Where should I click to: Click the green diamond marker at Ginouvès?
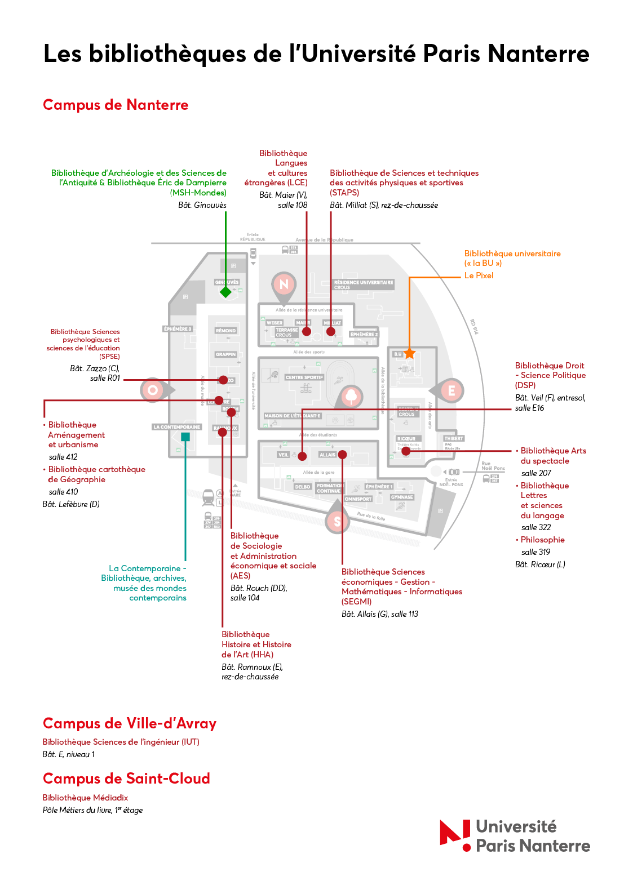225,292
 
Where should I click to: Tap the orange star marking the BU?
409,354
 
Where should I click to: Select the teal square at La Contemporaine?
185,437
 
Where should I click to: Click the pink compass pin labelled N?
284,284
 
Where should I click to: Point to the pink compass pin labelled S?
337,521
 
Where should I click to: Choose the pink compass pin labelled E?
451,390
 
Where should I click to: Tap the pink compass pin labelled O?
152,389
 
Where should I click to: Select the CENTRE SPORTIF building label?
304,377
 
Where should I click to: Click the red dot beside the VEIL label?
302,456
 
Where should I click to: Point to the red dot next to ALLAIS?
342,455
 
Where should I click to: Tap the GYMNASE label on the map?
402,497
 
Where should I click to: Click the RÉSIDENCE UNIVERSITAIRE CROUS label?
363,284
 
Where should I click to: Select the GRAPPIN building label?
225,354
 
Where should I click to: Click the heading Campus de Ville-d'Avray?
130,723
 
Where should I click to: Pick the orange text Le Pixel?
479,275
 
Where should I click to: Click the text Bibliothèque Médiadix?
85,798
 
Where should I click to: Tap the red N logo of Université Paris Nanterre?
455,834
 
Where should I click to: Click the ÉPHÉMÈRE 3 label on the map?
178,329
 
